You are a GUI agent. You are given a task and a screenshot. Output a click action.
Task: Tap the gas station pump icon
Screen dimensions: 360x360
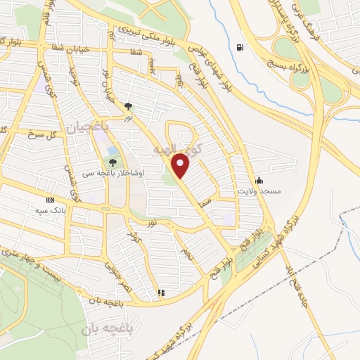point(241,48)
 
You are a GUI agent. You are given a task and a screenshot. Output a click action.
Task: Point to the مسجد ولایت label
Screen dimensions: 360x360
point(259,191)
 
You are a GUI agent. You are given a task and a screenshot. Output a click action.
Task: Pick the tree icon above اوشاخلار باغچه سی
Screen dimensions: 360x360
point(113,162)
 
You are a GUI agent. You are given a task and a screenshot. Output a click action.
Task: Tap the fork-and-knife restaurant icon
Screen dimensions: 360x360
point(161,292)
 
